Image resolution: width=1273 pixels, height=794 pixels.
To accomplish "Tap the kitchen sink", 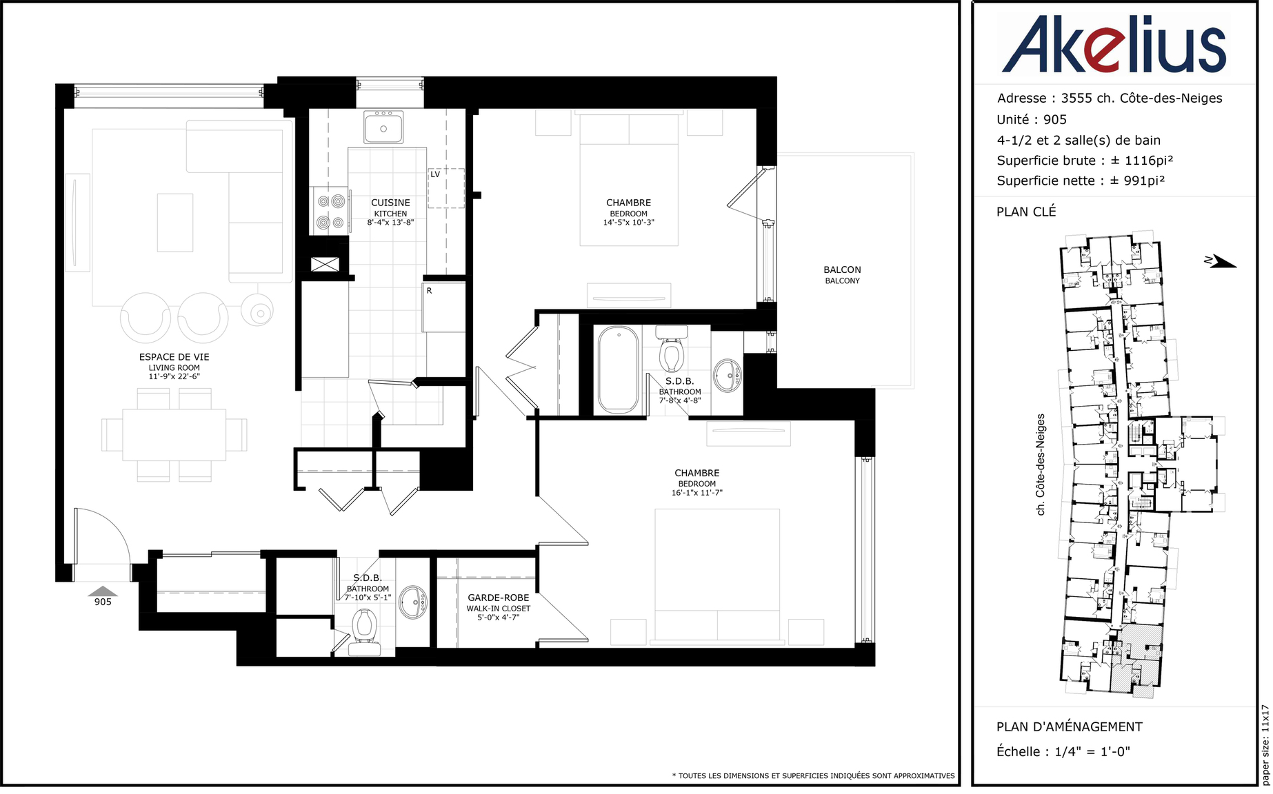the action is tap(383, 127).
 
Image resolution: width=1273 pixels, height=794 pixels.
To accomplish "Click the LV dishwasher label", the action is tap(435, 174).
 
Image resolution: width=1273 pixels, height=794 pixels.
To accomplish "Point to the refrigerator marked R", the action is tap(444, 307).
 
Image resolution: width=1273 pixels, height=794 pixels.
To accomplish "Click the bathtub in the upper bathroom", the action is tap(619, 370).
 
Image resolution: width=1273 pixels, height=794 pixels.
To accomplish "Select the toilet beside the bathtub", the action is tap(671, 348).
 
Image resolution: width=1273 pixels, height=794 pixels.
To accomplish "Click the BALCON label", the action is tap(842, 269).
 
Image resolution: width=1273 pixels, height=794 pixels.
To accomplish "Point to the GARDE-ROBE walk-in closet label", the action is tap(499, 598).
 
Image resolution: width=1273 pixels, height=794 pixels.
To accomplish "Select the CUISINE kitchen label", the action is tap(390, 203).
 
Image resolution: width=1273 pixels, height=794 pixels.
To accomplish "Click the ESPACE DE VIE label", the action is tap(174, 357).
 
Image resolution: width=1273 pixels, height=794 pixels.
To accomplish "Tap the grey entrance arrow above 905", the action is tap(103, 591).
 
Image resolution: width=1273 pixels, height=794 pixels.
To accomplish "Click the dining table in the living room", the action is tap(174, 435).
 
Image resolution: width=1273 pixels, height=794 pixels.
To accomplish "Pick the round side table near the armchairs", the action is tap(257, 312).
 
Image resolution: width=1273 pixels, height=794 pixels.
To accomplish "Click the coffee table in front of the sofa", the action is tap(175, 223).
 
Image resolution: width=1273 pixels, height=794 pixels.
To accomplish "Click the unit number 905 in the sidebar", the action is tap(1055, 120).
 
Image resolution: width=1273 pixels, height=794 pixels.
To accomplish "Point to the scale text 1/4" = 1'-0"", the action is tap(1092, 752).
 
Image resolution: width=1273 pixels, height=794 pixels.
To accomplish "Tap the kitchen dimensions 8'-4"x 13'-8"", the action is tap(390, 223).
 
